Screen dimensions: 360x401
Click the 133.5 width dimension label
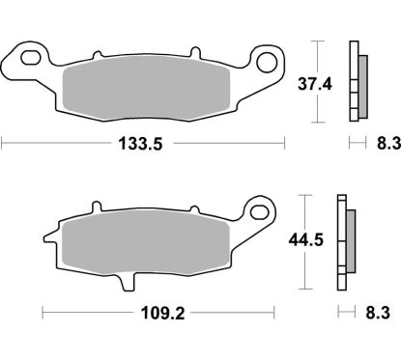click(144, 145)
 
